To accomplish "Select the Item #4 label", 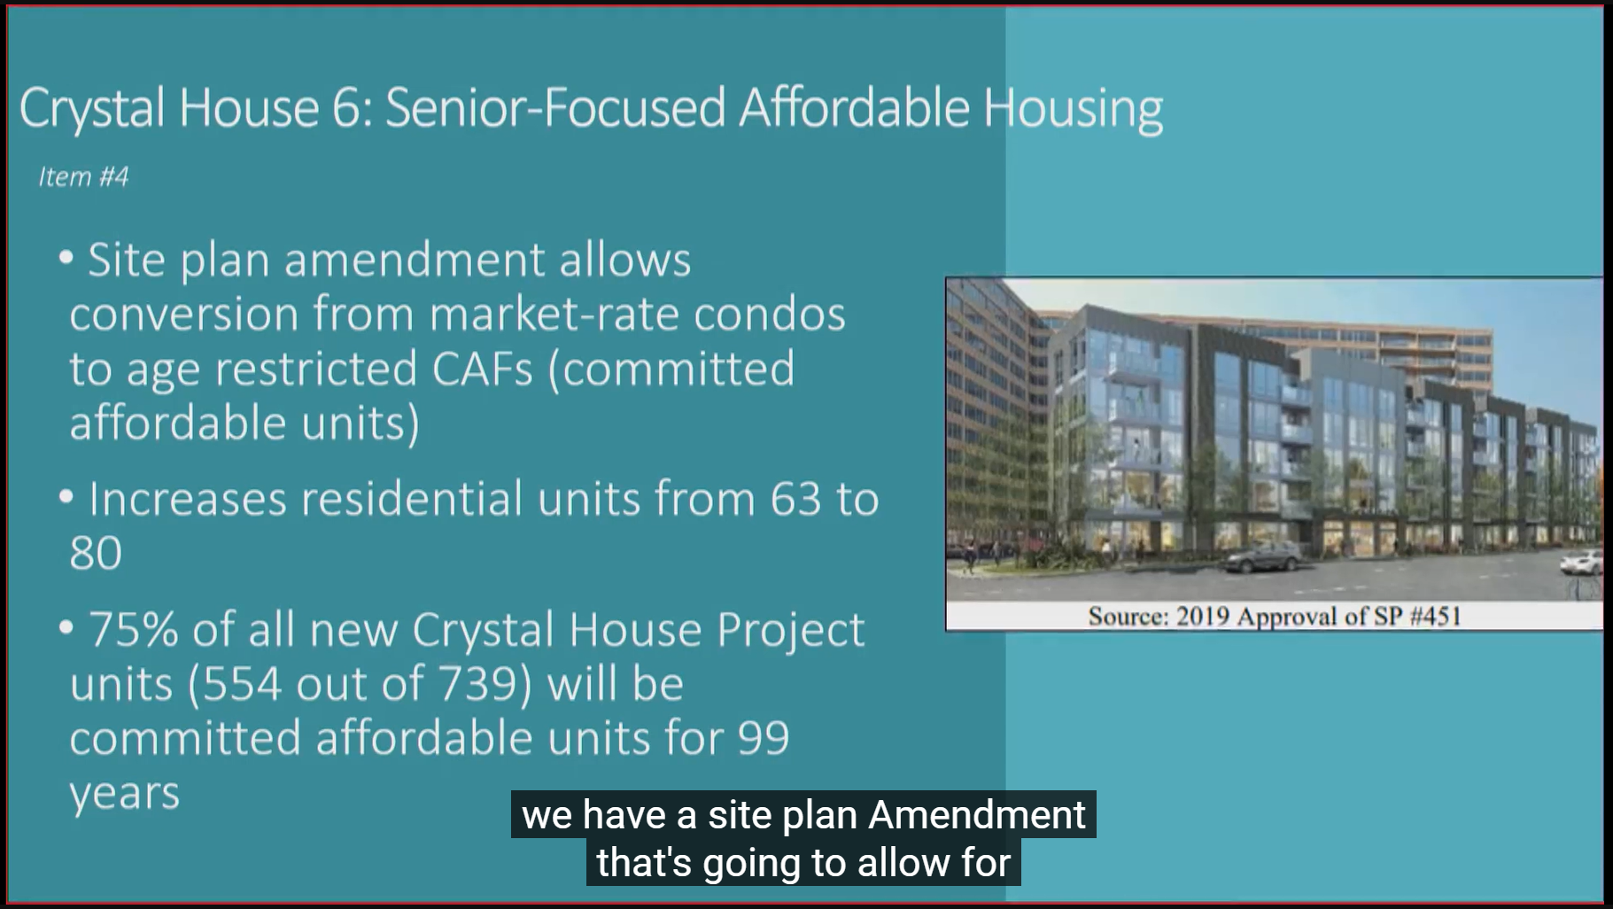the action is tap(83, 177).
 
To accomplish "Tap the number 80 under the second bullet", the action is tap(96, 554).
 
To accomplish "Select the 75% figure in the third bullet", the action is tap(133, 630).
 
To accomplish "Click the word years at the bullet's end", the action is tap(125, 794).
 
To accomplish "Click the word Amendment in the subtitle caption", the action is tap(977, 815).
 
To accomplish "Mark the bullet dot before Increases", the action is tap(66, 497).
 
